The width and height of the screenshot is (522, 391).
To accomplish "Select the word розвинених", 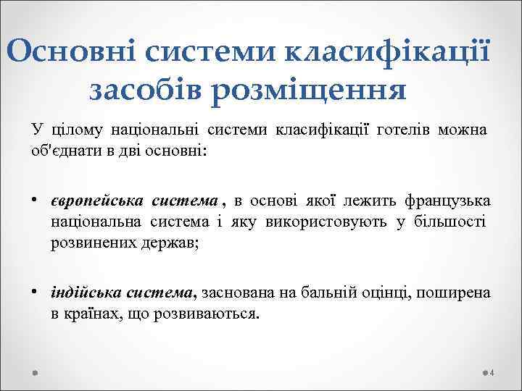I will [88, 244].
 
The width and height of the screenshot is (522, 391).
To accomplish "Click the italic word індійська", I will [86, 293].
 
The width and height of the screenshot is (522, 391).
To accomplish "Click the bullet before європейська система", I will [34, 198].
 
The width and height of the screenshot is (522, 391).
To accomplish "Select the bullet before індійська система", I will [34, 291].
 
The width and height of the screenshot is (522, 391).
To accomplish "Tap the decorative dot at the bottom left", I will [35, 372].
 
